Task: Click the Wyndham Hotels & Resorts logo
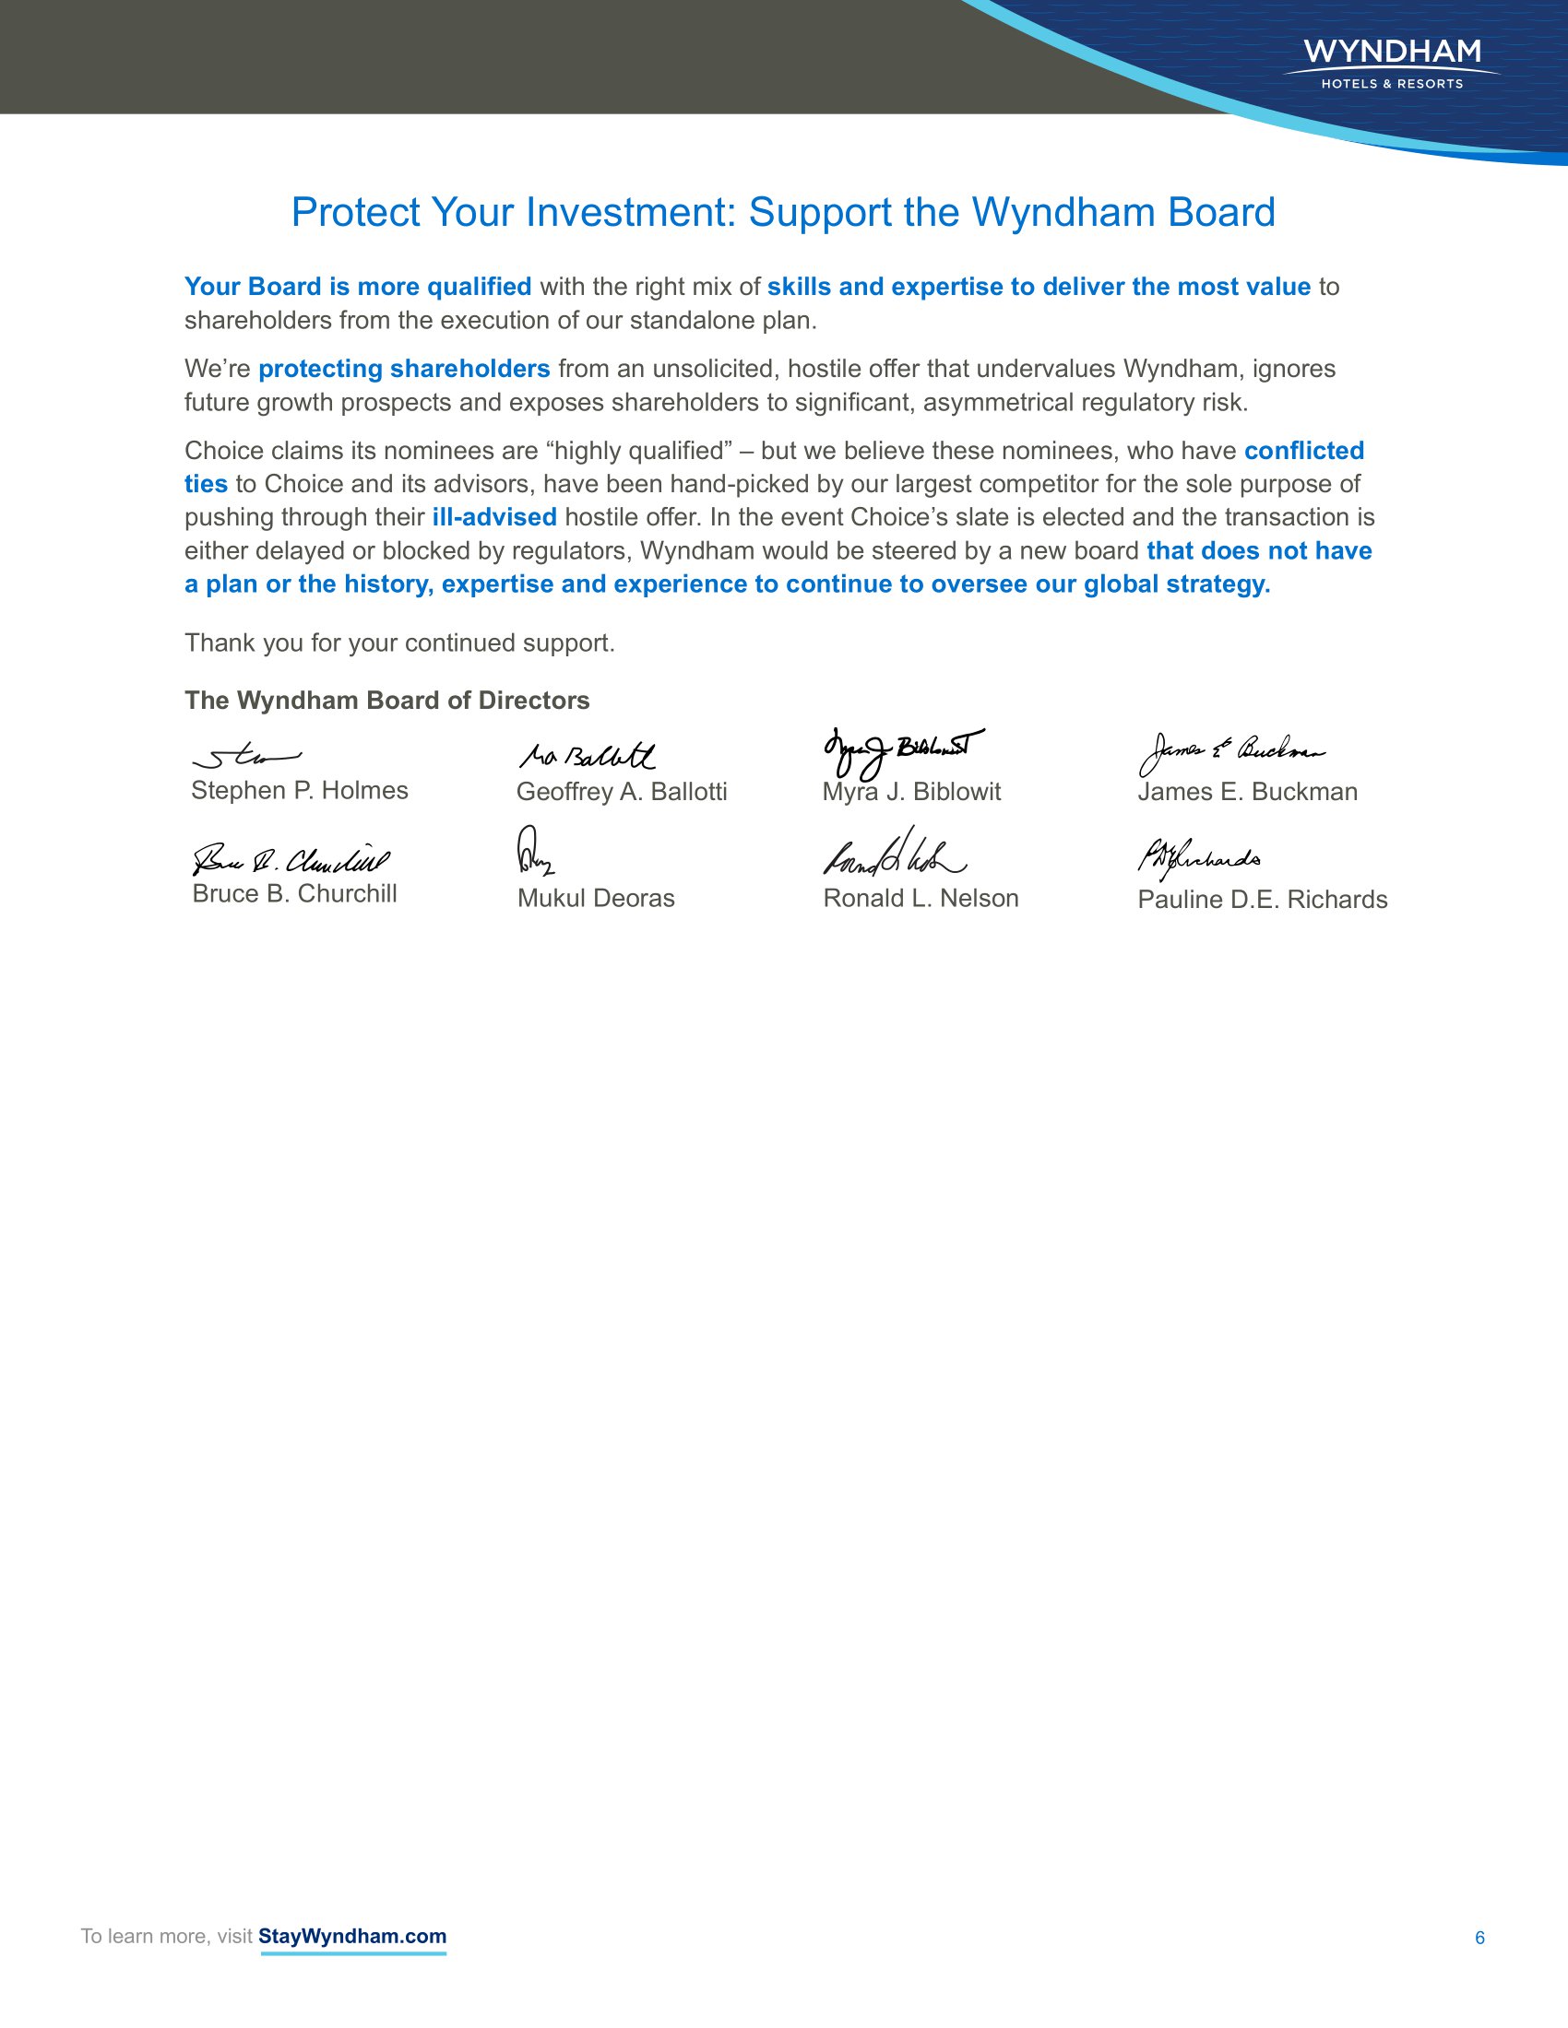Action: click(x=1392, y=63)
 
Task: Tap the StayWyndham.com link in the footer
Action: click(x=352, y=1936)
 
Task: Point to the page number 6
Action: click(x=1479, y=1938)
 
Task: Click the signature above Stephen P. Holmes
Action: click(x=246, y=758)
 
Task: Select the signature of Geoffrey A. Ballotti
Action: click(x=587, y=756)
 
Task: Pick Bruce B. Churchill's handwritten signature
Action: click(x=291, y=860)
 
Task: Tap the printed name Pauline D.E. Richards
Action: click(x=1263, y=900)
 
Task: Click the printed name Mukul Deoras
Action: click(x=596, y=898)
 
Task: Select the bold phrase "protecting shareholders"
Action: click(x=404, y=369)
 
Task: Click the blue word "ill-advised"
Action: click(x=494, y=517)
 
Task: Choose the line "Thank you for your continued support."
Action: click(x=399, y=643)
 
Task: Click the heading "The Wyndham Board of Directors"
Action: click(x=386, y=701)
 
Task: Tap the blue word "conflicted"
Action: click(x=1303, y=451)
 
